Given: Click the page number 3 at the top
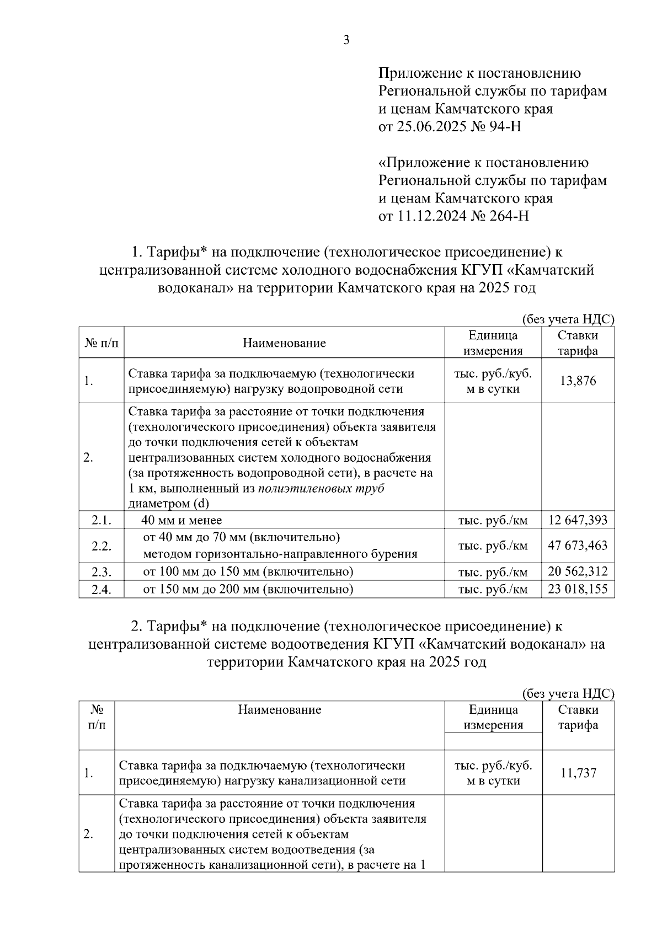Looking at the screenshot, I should [x=346, y=40].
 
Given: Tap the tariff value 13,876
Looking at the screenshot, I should [x=578, y=381].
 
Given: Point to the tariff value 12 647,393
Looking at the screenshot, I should [x=578, y=520].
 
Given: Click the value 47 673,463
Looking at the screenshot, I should [x=578, y=545].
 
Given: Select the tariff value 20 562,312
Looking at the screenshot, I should [x=578, y=571].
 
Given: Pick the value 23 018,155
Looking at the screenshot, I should [x=578, y=589].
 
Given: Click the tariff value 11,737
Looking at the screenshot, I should [x=578, y=773].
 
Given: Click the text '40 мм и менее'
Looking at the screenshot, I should [x=181, y=520].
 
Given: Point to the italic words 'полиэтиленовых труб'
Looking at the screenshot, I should [x=321, y=488].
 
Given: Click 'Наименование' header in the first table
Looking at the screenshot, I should [x=284, y=343].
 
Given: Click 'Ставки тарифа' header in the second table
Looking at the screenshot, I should [x=578, y=717].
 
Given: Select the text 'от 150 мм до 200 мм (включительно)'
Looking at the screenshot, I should [x=248, y=589].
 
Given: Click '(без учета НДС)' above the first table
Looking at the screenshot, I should [x=568, y=319].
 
